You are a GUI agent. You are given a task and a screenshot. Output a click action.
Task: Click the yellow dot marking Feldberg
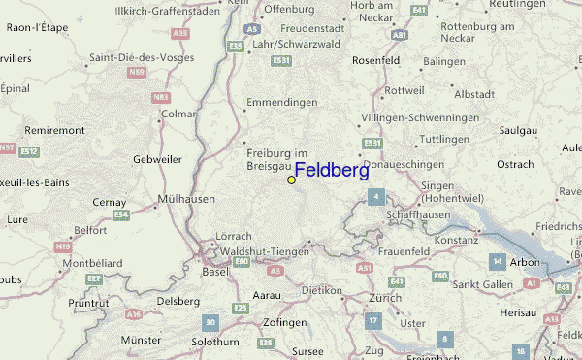[291, 180]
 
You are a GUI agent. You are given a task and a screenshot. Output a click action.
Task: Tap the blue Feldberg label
[331, 171]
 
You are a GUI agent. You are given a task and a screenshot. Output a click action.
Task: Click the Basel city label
[216, 271]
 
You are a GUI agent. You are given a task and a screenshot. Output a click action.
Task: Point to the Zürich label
[385, 298]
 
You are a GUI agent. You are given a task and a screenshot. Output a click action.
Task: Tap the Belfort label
[90, 230]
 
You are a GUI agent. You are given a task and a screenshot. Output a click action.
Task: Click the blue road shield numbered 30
[210, 321]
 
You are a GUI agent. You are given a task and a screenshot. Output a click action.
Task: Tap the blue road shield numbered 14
[498, 262]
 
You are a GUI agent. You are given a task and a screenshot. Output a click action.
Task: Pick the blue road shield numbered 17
[372, 319]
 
